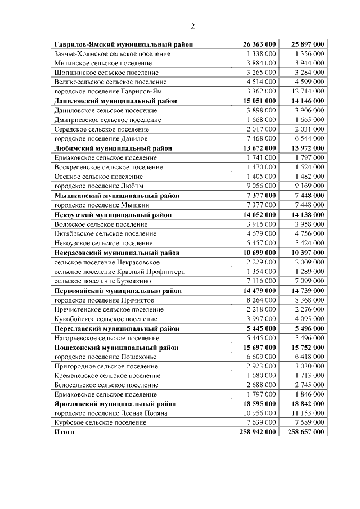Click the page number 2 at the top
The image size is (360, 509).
[192, 26]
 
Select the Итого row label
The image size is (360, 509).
[64, 432]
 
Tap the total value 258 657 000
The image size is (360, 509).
[306, 432]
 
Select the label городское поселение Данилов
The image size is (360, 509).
[101, 138]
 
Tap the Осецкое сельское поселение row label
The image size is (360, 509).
[98, 177]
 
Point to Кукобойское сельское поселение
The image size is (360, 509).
[106, 319]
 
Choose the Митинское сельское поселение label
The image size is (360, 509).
[99, 62]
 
